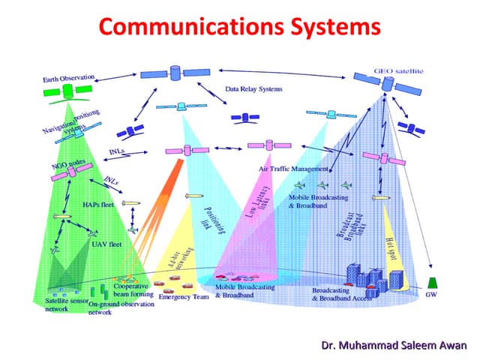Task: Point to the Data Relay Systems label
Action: click(253, 89)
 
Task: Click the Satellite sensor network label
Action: click(61, 304)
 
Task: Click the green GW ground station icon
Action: click(431, 282)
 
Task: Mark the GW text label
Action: click(431, 295)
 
